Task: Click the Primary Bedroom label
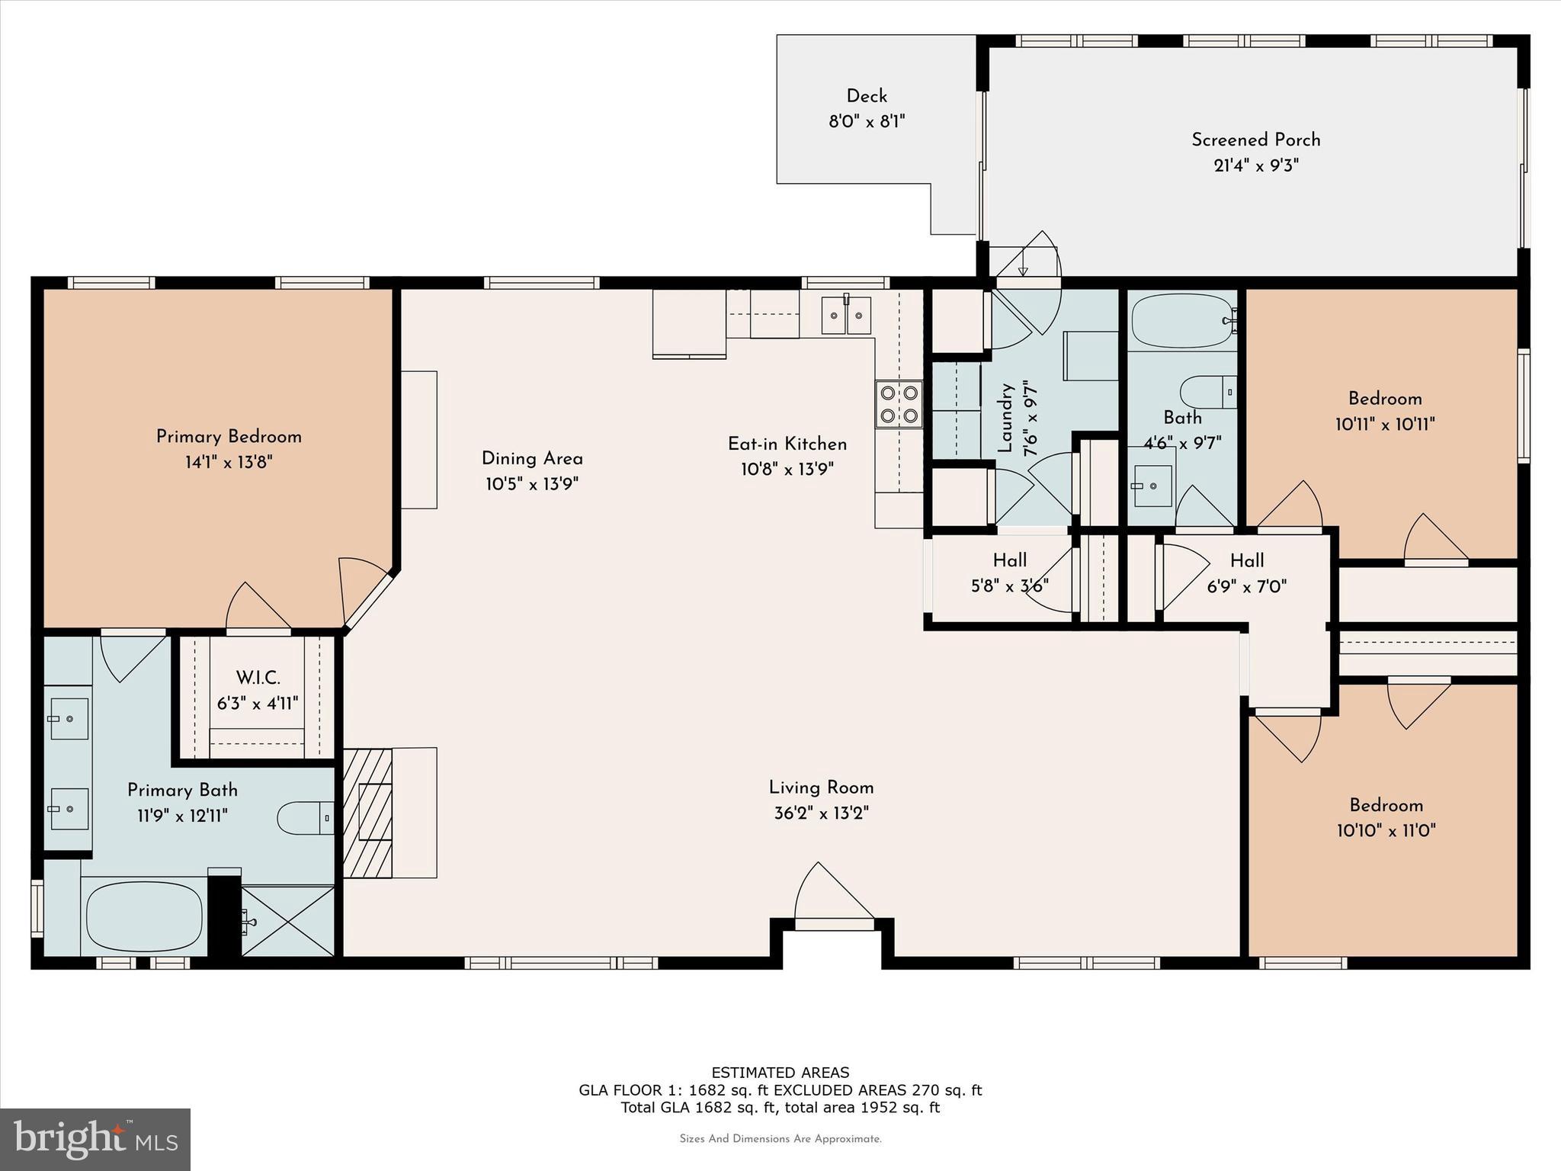[x=229, y=437]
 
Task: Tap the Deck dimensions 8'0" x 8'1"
[x=867, y=122]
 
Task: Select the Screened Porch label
[x=1255, y=140]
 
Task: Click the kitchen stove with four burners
[x=899, y=404]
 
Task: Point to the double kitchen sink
[x=846, y=315]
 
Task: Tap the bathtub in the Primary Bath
[x=144, y=916]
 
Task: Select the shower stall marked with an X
[x=288, y=921]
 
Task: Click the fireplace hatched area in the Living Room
[x=367, y=813]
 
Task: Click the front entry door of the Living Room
[x=834, y=900]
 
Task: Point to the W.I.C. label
[x=258, y=678]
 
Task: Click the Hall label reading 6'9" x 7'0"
[x=1246, y=586]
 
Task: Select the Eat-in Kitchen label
[x=787, y=444]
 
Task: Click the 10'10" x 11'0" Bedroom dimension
[x=1386, y=830]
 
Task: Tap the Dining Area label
[x=532, y=459]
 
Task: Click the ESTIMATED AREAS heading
[x=780, y=1073]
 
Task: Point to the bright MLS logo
[x=95, y=1140]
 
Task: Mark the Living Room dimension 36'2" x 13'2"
[x=821, y=813]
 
